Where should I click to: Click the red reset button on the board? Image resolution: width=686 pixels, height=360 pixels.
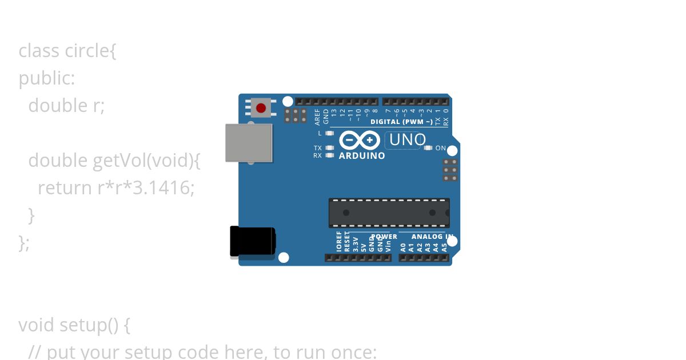(261, 108)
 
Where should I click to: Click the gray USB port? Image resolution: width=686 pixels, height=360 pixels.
(249, 143)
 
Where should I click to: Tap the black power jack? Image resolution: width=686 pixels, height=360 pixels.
(253, 241)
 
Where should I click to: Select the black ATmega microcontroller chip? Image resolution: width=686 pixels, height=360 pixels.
(389, 213)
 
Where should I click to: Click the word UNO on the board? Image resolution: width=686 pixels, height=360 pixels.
(407, 140)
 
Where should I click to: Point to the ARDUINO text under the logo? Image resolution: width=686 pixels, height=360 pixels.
(362, 155)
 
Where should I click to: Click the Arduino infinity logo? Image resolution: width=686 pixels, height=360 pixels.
(360, 140)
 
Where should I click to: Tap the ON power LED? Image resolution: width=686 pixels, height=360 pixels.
(428, 148)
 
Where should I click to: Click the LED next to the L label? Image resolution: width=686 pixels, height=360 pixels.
(329, 133)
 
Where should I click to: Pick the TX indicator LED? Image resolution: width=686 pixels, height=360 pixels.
(329, 148)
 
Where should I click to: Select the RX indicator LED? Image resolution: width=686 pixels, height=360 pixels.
(329, 155)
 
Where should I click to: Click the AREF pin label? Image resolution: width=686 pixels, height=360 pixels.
(318, 117)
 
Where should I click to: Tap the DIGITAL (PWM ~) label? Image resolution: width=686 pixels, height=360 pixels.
(401, 122)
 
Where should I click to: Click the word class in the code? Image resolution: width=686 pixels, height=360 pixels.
(39, 51)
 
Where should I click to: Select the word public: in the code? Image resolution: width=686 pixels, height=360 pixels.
(47, 78)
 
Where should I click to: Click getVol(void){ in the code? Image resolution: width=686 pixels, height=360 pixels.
(146, 161)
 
